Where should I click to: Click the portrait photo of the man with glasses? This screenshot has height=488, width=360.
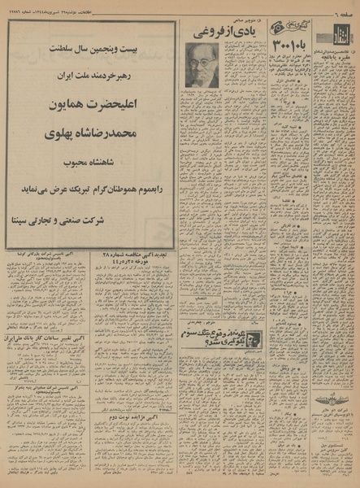click(202, 65)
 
